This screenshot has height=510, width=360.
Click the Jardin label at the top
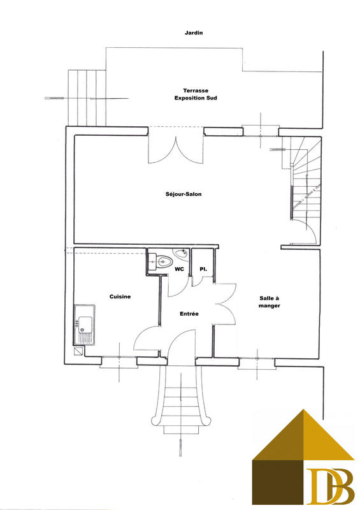193,32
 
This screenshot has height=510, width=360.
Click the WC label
180,270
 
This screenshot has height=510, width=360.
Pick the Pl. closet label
203,270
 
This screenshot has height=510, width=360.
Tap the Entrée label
189,314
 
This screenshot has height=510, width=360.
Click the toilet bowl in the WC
164,261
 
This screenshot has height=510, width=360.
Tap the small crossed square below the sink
79,350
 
